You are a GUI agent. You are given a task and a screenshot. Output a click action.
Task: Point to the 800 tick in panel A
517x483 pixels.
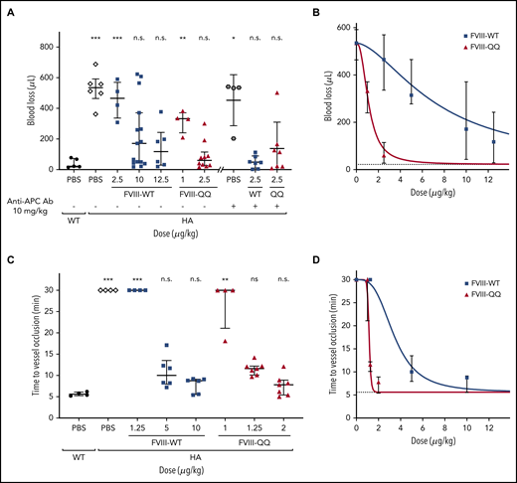[41, 30]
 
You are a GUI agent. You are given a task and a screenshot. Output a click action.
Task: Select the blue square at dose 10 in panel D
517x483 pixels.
[464, 378]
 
